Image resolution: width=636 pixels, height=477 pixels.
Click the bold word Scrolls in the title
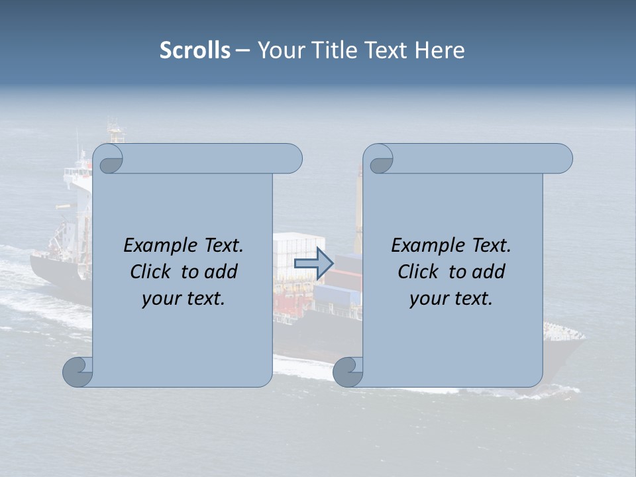click(195, 50)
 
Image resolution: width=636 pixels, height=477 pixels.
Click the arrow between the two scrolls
click(313, 264)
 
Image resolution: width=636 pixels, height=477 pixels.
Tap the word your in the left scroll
click(160, 299)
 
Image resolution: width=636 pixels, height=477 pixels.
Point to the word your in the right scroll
click(427, 299)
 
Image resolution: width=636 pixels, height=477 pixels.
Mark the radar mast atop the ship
click(116, 130)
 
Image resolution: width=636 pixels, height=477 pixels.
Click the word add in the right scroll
click(487, 272)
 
